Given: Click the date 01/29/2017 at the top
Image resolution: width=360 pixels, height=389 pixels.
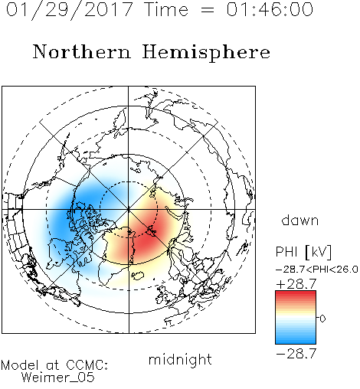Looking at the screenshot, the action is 70,10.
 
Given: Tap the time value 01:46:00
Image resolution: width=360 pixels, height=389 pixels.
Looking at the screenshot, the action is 270,9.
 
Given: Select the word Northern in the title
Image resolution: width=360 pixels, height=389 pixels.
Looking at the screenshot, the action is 82,51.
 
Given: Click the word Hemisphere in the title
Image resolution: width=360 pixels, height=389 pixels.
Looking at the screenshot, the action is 206,52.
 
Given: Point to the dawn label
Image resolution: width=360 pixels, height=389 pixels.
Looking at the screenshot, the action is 300,220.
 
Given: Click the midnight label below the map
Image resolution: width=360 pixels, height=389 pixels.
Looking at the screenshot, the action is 180,359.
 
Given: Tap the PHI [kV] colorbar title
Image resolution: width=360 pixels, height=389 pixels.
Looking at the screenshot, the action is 303,252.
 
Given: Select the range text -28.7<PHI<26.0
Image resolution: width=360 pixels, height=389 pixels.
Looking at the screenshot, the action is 316,270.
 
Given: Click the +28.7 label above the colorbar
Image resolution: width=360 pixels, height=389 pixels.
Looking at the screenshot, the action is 296,284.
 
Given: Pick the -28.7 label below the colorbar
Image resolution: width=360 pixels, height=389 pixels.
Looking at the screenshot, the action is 296,354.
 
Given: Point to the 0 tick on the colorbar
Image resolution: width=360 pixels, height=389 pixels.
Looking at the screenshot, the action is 322,319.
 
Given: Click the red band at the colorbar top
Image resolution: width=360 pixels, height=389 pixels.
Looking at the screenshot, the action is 296,294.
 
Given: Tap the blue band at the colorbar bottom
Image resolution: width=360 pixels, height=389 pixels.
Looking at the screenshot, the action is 296,340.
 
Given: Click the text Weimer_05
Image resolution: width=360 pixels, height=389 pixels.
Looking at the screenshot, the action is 58,377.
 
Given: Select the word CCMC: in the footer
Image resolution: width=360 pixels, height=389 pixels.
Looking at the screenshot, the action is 87,365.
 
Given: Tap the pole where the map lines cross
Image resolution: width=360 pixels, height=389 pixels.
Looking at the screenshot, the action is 129,209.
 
